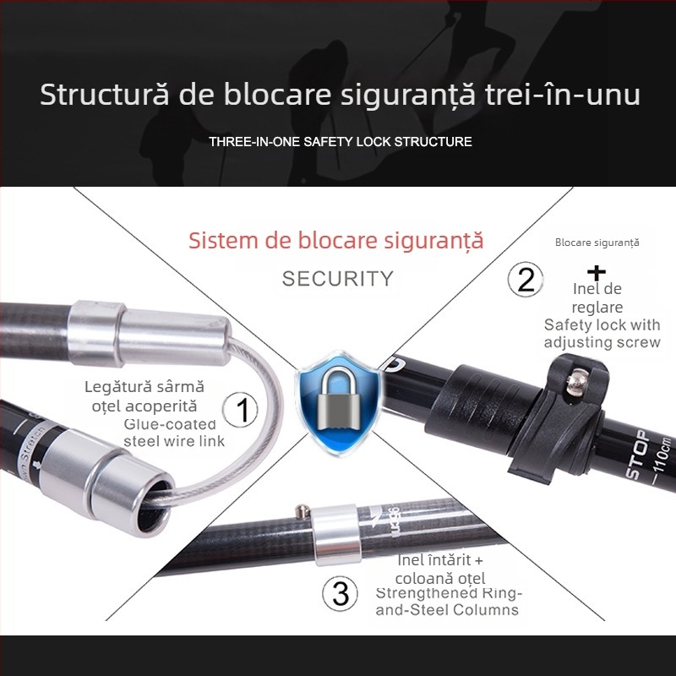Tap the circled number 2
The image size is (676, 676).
click(526, 279)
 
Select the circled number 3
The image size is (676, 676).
click(341, 593)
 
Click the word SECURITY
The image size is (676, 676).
click(338, 278)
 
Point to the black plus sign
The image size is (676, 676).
click(597, 273)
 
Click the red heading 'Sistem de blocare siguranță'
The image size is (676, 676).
click(336, 241)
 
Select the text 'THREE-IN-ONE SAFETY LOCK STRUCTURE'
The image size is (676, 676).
click(341, 141)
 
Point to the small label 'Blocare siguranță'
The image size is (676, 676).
click(597, 243)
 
